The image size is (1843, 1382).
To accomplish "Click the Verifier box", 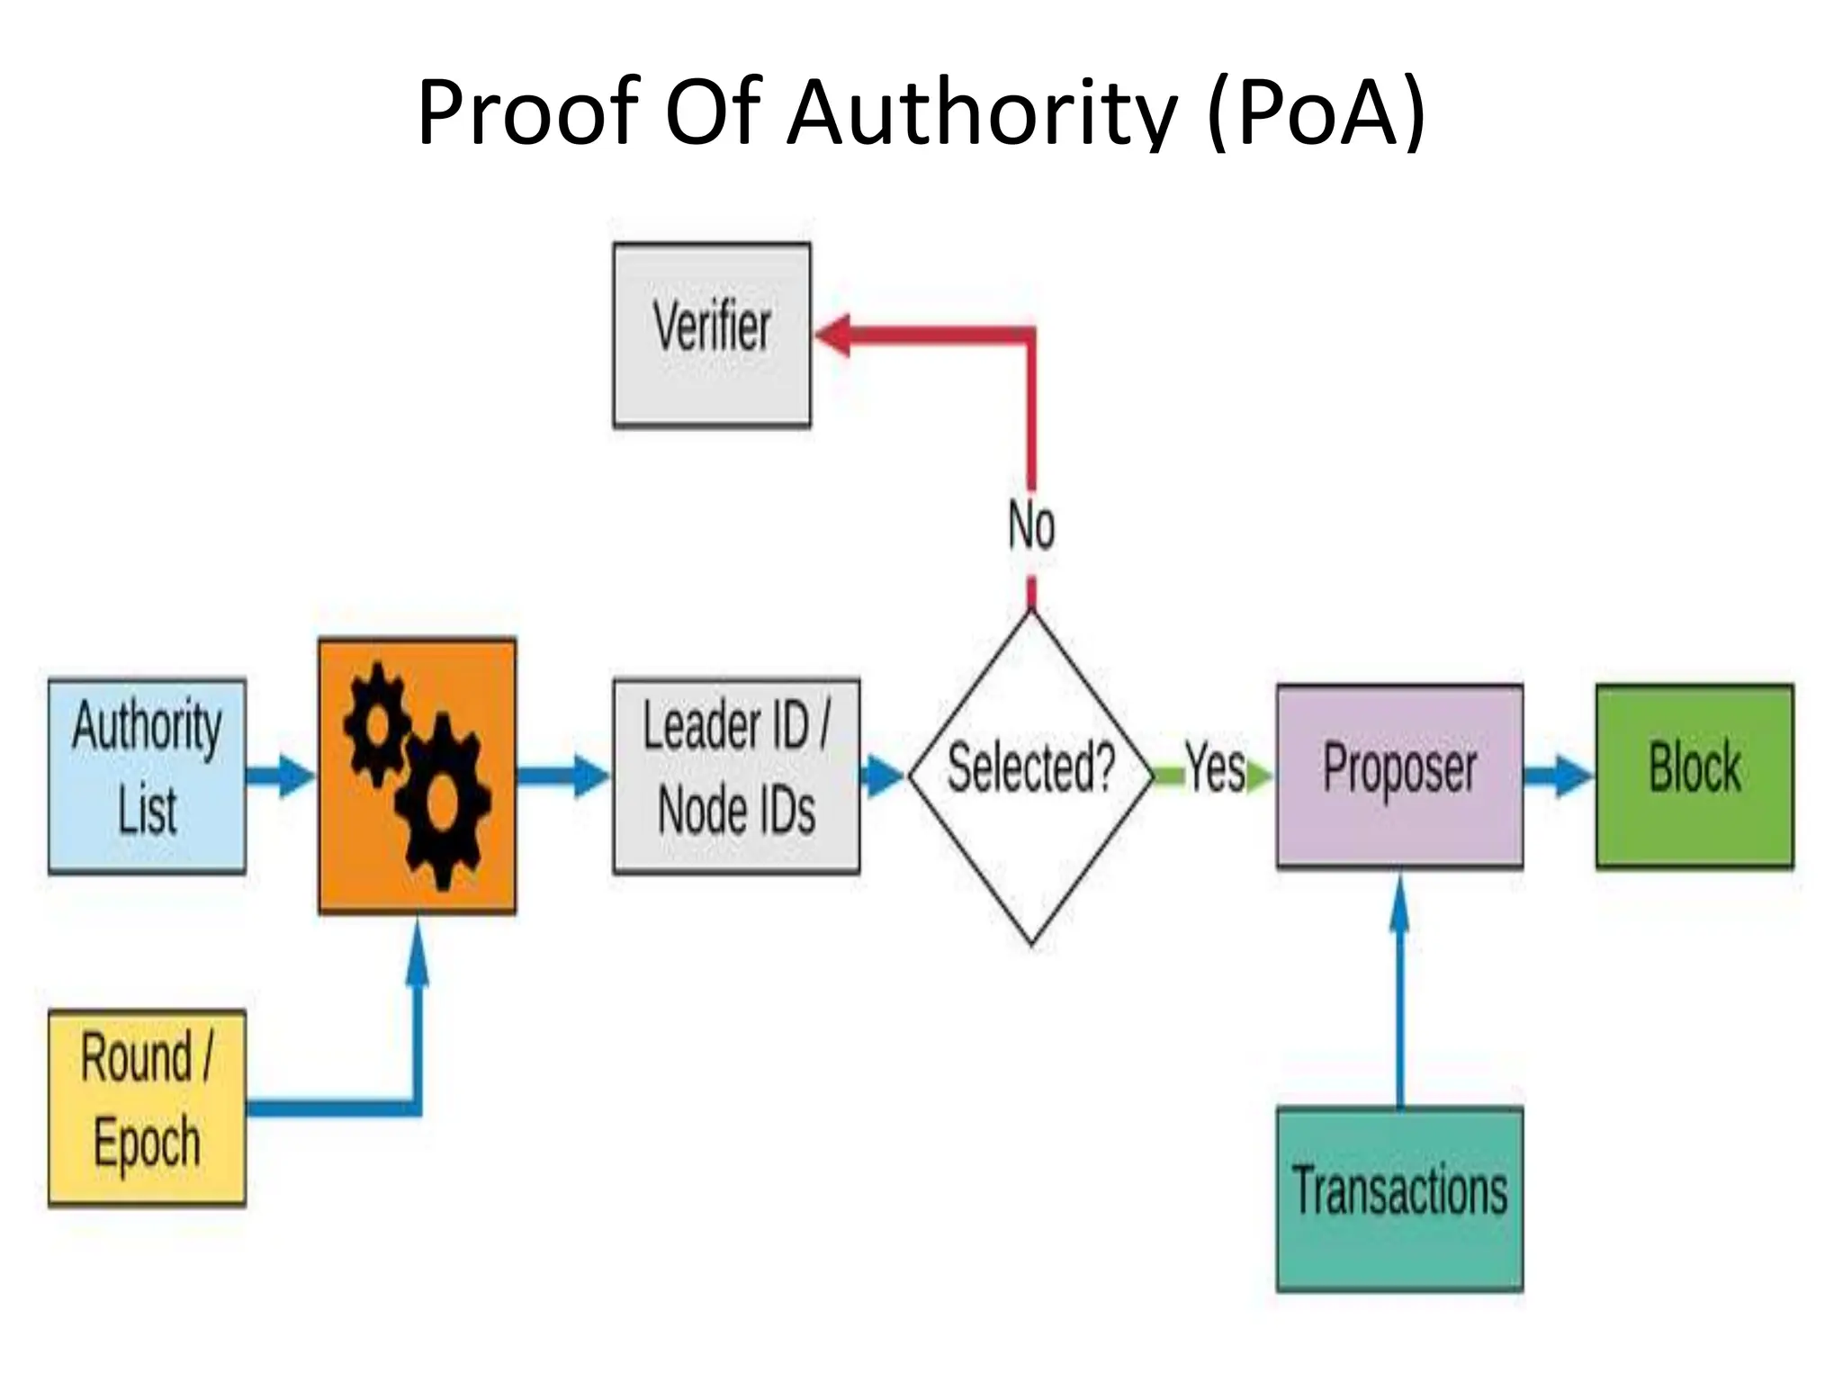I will pyautogui.click(x=712, y=335).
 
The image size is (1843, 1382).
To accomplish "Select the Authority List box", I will pyautogui.click(x=147, y=776).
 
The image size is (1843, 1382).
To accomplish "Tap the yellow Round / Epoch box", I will pyautogui.click(x=147, y=1108).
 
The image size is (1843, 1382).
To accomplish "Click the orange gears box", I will pyautogui.click(x=418, y=776).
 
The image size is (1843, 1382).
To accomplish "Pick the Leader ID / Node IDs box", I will pyautogui.click(x=736, y=776).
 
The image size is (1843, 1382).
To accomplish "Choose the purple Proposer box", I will pyautogui.click(x=1399, y=776).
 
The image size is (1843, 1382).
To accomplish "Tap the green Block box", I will pyautogui.click(x=1695, y=776).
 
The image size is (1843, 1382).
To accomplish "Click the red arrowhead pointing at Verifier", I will pyautogui.click(x=833, y=336).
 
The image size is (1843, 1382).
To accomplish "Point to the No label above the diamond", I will pyautogui.click(x=1031, y=525).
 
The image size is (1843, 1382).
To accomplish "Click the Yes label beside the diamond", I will pyautogui.click(x=1215, y=768).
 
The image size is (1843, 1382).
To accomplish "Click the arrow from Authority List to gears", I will pyautogui.click(x=281, y=776).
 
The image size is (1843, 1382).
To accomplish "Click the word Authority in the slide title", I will pyautogui.click(x=981, y=112).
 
